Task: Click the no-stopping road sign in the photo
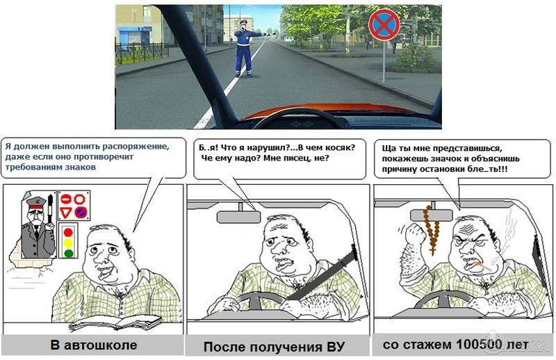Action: click(384, 25)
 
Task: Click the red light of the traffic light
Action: click(68, 232)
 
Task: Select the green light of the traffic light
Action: click(68, 253)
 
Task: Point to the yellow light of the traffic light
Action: click(68, 243)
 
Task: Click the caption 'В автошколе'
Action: click(94, 345)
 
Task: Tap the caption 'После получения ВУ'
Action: click(274, 347)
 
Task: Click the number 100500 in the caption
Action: click(479, 344)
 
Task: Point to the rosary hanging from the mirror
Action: click(431, 229)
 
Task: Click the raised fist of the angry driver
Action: click(414, 235)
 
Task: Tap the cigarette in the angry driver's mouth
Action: click(482, 265)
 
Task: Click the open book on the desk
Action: click(116, 322)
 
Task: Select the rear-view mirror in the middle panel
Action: click(238, 216)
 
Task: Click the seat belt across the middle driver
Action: click(322, 276)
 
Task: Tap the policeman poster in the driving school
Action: click(38, 224)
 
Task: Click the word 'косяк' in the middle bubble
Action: click(339, 147)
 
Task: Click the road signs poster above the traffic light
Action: click(74, 205)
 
